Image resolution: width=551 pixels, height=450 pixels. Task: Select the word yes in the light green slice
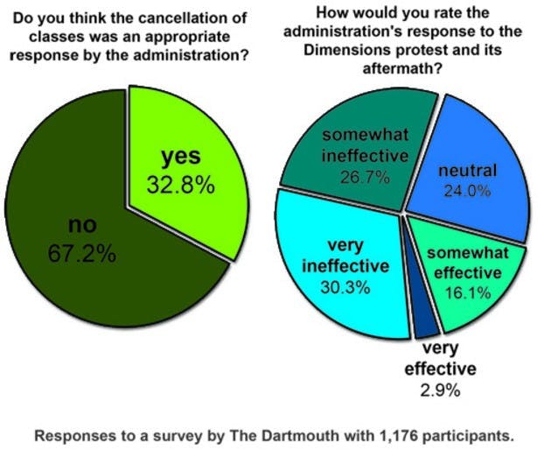click(x=181, y=158)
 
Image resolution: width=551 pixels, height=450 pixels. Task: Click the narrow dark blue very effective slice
click(x=426, y=326)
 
